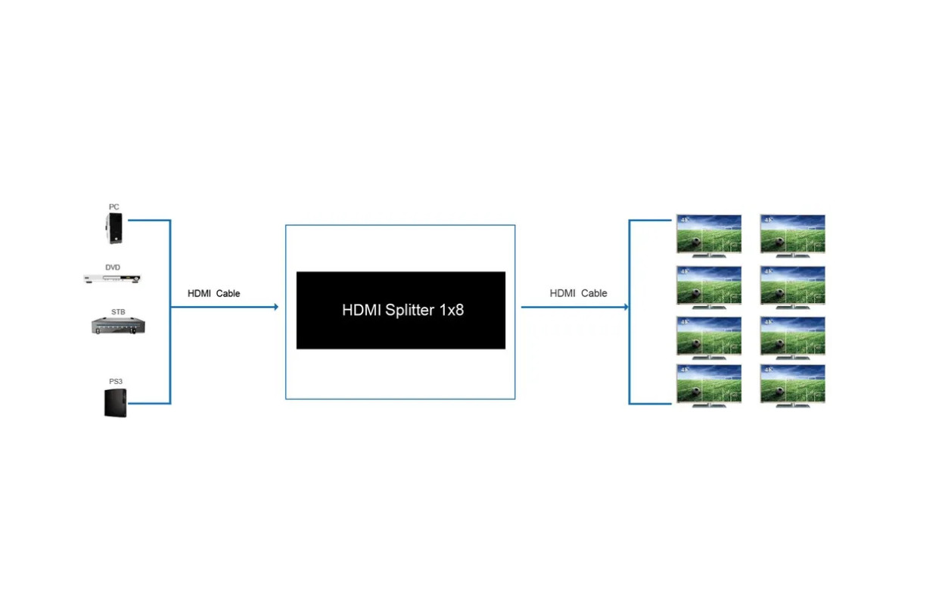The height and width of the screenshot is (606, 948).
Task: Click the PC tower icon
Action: click(114, 229)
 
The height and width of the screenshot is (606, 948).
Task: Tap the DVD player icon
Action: click(112, 279)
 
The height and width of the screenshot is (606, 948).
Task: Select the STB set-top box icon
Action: click(118, 326)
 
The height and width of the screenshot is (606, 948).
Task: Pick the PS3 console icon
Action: click(116, 403)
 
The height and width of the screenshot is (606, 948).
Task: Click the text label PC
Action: click(113, 207)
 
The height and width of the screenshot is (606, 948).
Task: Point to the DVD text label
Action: click(113, 267)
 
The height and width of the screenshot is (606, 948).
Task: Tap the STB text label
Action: click(118, 312)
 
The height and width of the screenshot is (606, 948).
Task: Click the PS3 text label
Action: click(116, 381)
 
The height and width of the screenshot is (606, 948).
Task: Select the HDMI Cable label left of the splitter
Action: click(213, 293)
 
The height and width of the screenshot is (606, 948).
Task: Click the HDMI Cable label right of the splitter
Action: click(578, 293)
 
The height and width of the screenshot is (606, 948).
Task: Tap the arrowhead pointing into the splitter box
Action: click(276, 307)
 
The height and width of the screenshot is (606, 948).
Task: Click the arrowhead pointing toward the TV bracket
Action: click(626, 307)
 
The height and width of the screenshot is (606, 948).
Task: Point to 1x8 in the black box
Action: click(452, 310)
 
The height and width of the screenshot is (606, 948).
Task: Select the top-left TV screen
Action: click(709, 233)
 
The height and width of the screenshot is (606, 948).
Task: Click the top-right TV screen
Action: click(793, 233)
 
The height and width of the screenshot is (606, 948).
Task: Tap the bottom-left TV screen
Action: click(709, 383)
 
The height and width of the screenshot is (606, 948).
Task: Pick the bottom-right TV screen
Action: click(793, 383)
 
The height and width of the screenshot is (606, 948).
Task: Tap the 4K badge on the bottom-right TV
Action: click(769, 370)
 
